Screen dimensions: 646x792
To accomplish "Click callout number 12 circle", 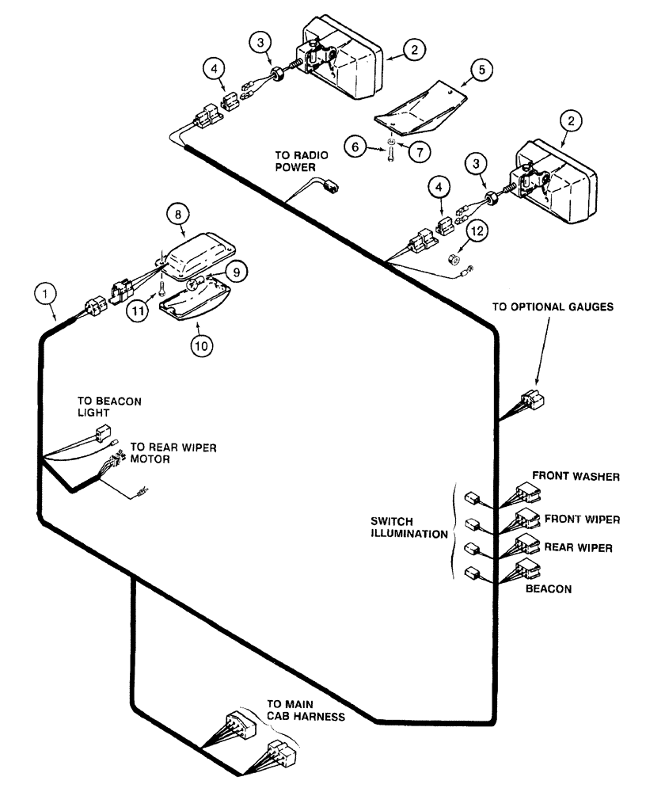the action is coord(476,232).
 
